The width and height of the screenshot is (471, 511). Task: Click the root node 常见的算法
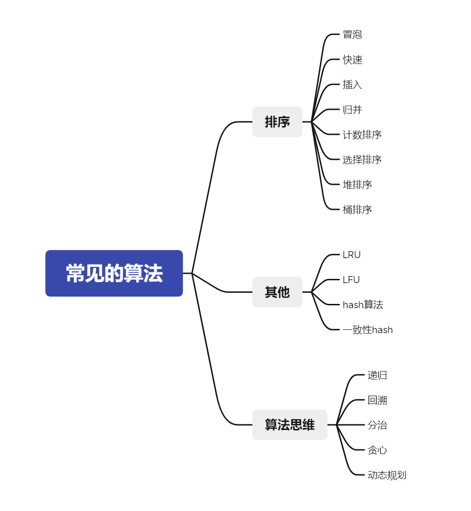coord(114,273)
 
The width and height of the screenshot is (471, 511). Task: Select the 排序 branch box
coord(277,122)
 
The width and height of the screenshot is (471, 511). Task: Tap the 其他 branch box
coord(277,292)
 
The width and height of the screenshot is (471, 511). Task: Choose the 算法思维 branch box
coord(289,425)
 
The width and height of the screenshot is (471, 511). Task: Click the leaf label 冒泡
coord(352,34)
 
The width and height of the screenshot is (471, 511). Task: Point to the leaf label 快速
coord(352,60)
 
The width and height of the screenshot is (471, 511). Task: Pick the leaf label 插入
coord(352,85)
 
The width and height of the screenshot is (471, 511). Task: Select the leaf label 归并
coord(352,110)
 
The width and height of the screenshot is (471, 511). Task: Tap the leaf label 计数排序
coord(362,135)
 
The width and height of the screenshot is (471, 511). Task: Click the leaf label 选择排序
coord(362,160)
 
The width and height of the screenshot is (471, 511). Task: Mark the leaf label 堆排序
coord(358,185)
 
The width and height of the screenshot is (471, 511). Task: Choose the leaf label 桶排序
coord(358,210)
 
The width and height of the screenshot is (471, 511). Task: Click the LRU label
coord(352,255)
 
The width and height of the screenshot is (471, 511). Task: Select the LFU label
coord(351,280)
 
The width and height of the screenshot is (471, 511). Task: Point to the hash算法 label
coord(363,305)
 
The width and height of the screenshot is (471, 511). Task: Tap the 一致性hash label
coord(368,330)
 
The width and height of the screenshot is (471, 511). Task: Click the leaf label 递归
coord(377,375)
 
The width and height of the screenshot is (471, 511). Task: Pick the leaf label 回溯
coord(377,400)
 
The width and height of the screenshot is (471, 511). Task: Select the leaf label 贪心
coord(377,450)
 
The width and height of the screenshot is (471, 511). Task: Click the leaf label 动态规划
coord(387,475)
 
